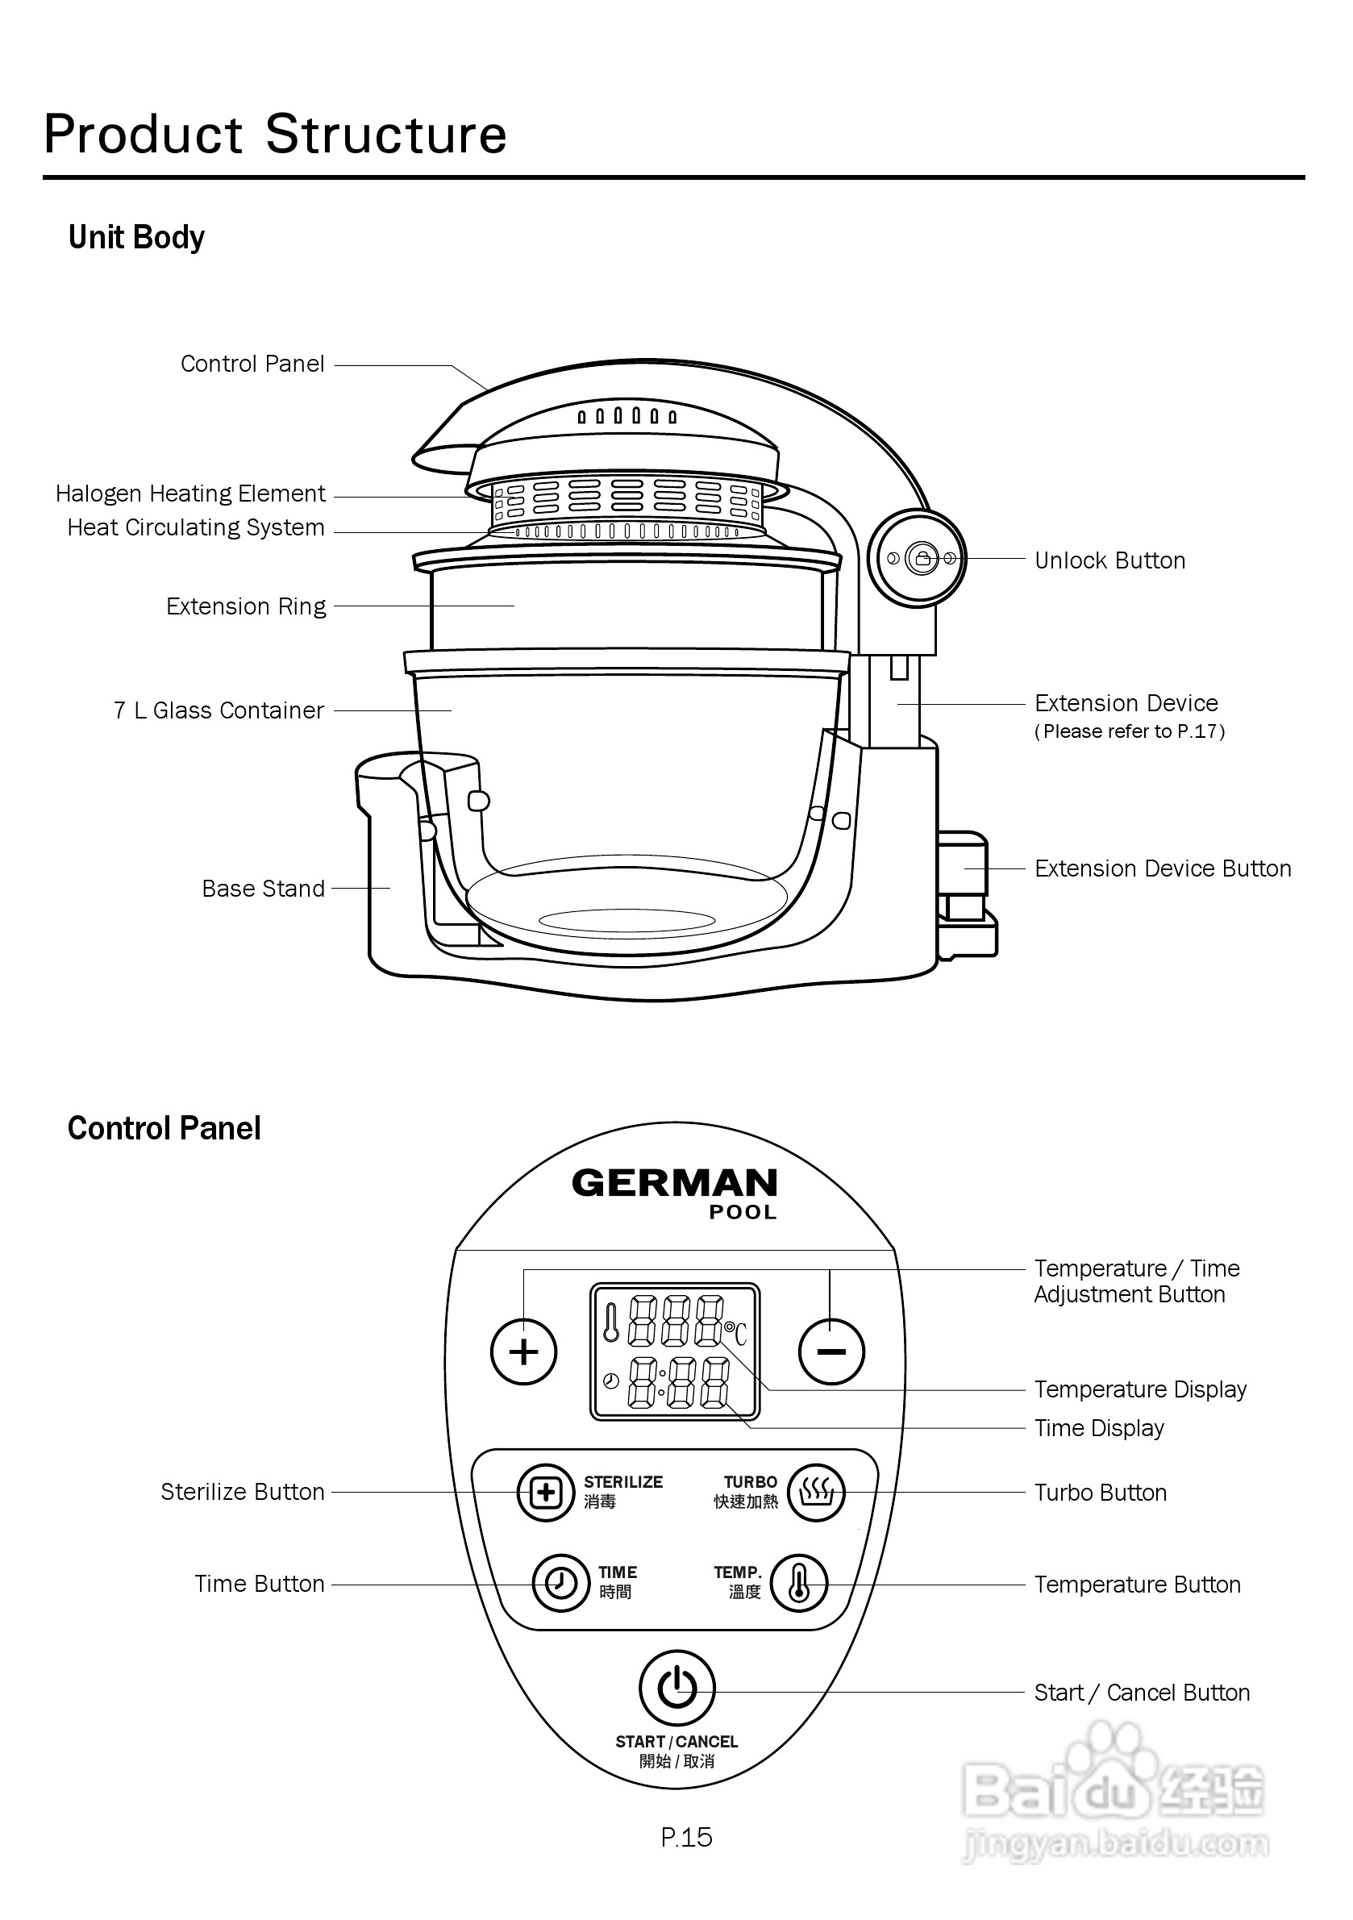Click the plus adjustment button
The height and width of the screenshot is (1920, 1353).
(523, 1351)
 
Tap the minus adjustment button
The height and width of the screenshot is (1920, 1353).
(831, 1351)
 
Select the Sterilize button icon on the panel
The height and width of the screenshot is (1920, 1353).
(545, 1493)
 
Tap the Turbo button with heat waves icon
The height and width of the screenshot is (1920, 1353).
(817, 1493)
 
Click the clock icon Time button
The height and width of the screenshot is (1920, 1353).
(561, 1583)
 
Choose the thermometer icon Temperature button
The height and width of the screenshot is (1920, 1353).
(798, 1583)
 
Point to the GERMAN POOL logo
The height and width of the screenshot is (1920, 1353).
(675, 1193)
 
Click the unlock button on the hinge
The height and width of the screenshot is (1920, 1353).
(922, 558)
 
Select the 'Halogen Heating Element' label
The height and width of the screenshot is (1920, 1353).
(189, 494)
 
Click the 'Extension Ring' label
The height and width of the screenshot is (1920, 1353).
(246, 606)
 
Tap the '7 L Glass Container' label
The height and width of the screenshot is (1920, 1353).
(219, 710)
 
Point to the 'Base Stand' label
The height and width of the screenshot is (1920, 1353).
(264, 888)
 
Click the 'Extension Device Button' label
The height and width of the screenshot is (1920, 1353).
(1164, 868)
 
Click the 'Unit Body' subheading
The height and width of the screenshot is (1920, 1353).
(136, 238)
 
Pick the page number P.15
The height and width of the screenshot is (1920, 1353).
(686, 1837)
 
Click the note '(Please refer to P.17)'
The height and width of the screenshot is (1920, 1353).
(1130, 731)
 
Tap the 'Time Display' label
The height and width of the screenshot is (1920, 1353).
(1099, 1428)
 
